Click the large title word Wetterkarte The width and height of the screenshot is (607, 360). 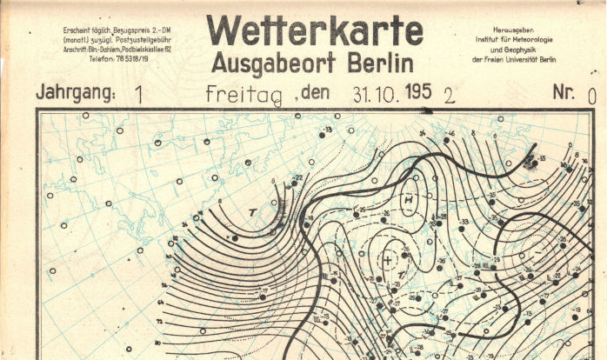pos(314,30)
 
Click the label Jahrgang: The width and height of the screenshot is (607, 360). pos(75,93)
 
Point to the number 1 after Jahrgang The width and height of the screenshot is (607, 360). pos(139,94)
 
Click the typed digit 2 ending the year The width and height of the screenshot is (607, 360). pos(449,95)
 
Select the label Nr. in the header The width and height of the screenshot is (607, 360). pos(564,92)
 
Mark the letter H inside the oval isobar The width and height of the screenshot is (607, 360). pos(407,201)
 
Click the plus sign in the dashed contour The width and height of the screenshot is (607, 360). pos(387,260)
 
